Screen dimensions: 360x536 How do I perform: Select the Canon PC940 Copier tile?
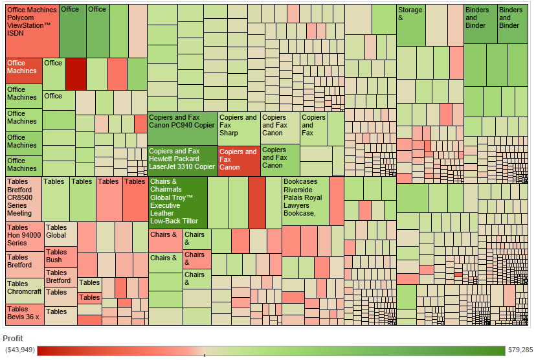[x=182, y=128]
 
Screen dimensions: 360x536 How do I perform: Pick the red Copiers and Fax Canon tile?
[x=238, y=161]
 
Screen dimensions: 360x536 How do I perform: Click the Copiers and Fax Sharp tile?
[x=238, y=128]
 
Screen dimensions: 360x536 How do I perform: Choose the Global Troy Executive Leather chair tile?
[x=177, y=201]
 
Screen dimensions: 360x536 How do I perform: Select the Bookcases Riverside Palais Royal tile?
[x=305, y=201]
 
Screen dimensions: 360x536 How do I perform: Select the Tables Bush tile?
[x=60, y=256]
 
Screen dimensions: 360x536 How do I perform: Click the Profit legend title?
[x=13, y=339]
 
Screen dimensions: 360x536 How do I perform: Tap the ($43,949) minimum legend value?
[x=19, y=350]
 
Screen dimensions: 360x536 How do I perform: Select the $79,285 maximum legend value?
[x=520, y=350]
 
